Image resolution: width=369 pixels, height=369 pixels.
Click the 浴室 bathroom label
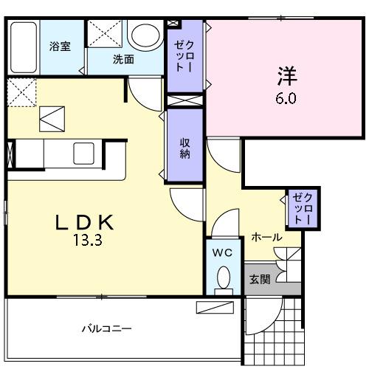61,46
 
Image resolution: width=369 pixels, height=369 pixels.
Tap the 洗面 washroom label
123,60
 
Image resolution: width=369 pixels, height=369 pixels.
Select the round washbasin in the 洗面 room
145,35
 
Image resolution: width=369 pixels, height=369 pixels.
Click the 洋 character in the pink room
287,76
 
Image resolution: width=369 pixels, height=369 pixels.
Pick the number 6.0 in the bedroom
287,96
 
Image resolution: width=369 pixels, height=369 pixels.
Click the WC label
222,253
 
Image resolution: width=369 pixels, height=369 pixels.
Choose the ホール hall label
266,238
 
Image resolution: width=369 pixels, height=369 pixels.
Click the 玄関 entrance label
259,279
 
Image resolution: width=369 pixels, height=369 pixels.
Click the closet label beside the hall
303,208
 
